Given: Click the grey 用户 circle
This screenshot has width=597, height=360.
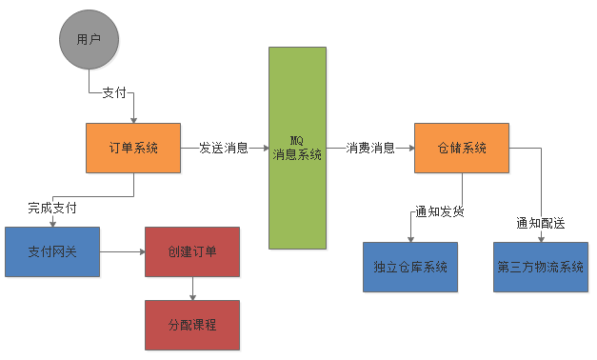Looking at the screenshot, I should pyautogui.click(x=89, y=41).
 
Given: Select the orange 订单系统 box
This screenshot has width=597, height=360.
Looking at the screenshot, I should pyautogui.click(x=133, y=148).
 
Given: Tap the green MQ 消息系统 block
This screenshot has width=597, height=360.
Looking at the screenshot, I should pyautogui.click(x=297, y=148).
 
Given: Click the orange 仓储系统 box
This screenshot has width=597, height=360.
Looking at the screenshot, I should pyautogui.click(x=461, y=148).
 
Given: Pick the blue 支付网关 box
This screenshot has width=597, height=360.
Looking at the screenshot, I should pyautogui.click(x=52, y=252).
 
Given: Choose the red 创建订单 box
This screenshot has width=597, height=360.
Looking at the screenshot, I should pyautogui.click(x=192, y=252).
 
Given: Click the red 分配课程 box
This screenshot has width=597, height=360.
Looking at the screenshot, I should pyautogui.click(x=192, y=324).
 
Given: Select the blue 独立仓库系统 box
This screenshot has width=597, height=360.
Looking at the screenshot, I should pyautogui.click(x=410, y=267).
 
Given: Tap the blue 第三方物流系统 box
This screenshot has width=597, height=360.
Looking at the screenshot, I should pyautogui.click(x=540, y=267).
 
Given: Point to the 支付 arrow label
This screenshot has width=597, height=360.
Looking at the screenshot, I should pyautogui.click(x=114, y=92).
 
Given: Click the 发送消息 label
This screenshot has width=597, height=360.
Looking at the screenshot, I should pyautogui.click(x=224, y=149).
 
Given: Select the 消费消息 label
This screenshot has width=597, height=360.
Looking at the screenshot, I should pyautogui.click(x=370, y=149).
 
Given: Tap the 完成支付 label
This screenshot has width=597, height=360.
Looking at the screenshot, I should pyautogui.click(x=51, y=207).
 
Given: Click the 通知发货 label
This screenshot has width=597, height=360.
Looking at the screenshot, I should pyautogui.click(x=439, y=212).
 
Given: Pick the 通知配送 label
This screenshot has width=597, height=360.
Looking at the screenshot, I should pyautogui.click(x=540, y=224).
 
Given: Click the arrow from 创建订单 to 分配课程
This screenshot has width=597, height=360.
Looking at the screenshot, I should pyautogui.click(x=192, y=288).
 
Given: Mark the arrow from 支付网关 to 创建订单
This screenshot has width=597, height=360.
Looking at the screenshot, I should pyautogui.click(x=122, y=252).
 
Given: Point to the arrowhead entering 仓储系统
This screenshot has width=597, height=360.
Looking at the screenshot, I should pyautogui.click(x=410, y=149).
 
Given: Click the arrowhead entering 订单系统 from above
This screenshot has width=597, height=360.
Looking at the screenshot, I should pyautogui.click(x=133, y=119).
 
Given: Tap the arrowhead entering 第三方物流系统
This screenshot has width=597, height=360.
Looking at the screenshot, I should pyautogui.click(x=541, y=238).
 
